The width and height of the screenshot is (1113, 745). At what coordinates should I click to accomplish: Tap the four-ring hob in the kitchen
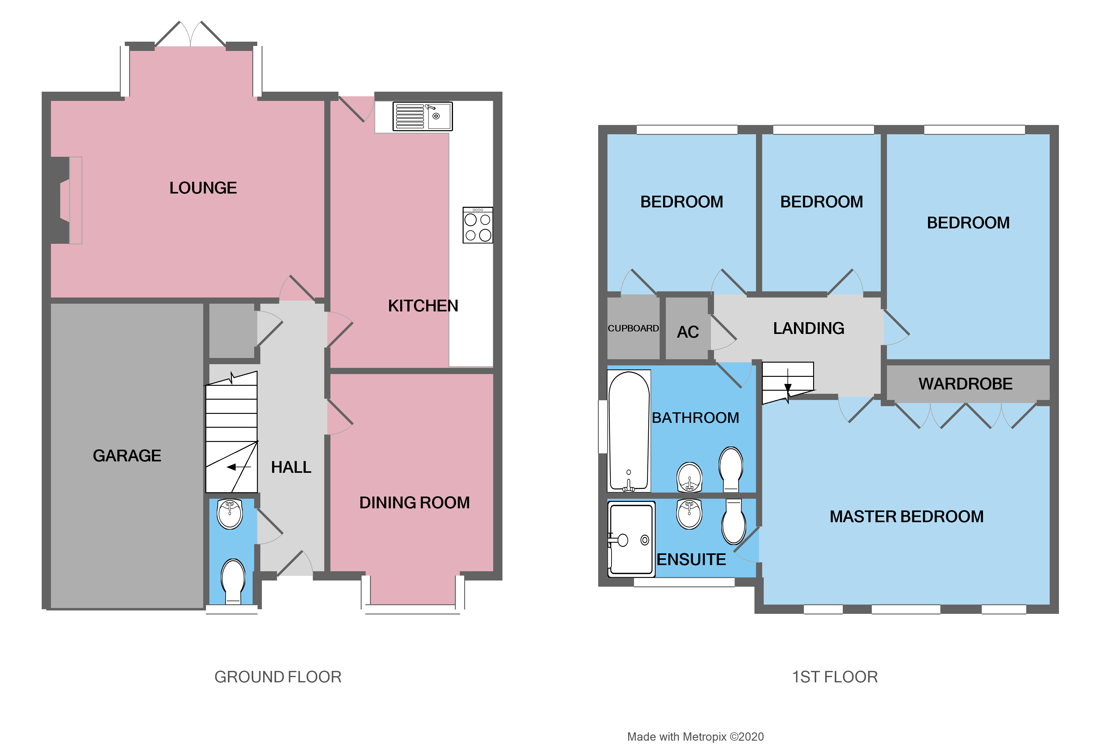pyautogui.click(x=477, y=225)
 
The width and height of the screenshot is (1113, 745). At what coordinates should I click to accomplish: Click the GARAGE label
pyautogui.click(x=127, y=456)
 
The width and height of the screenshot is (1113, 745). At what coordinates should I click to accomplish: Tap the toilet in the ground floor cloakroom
pyautogui.click(x=233, y=581)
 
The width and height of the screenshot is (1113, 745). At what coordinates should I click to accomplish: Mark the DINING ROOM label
pyautogui.click(x=414, y=503)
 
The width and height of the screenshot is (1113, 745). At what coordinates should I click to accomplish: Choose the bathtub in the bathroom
pyautogui.click(x=628, y=431)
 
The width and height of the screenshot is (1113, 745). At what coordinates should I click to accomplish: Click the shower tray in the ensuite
pyautogui.click(x=631, y=539)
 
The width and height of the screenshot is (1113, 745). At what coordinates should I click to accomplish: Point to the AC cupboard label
pyautogui.click(x=687, y=332)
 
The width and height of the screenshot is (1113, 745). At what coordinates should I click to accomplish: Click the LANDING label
pyautogui.click(x=808, y=328)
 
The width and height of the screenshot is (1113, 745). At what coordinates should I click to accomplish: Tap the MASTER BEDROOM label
pyautogui.click(x=906, y=516)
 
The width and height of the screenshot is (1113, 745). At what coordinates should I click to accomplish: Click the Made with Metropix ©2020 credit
pyautogui.click(x=695, y=736)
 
